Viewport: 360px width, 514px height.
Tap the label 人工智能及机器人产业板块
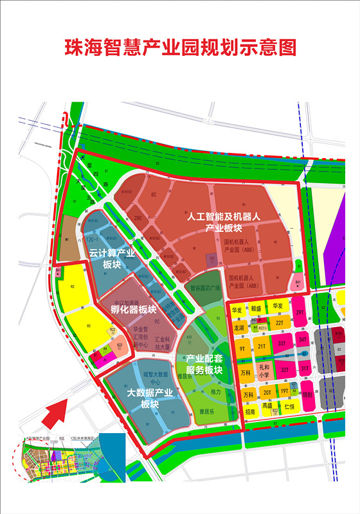point(223,222)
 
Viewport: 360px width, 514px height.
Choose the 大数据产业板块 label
point(150,398)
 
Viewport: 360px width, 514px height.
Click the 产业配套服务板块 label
point(204,364)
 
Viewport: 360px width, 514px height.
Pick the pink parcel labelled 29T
point(300,313)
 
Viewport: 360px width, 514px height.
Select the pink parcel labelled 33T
point(282,343)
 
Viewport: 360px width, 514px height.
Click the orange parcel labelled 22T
point(279,323)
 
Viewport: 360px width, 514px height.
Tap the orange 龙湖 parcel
point(239,327)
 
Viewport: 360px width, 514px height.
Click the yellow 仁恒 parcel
point(289,407)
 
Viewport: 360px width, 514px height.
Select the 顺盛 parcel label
point(256,308)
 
